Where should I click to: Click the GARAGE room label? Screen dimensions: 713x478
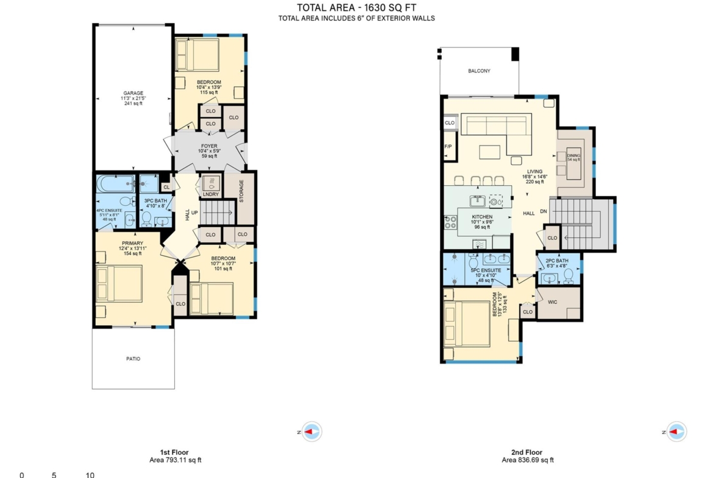click(x=133, y=93)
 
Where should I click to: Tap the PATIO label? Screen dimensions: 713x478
click(x=133, y=359)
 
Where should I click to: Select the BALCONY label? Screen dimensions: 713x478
click(x=479, y=71)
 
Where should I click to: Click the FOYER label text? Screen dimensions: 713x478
click(x=209, y=146)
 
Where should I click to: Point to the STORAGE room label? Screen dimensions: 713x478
click(x=241, y=191)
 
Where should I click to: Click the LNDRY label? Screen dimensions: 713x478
click(x=210, y=194)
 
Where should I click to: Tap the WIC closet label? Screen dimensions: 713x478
click(x=553, y=302)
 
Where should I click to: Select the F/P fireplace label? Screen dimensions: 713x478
click(x=448, y=147)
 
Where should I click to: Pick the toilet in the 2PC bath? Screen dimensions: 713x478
click(x=569, y=276)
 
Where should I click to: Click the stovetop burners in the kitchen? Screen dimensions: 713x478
click(x=450, y=222)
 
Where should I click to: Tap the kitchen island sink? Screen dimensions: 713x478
click(x=477, y=200)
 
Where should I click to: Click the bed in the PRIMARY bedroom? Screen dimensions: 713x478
click(x=119, y=284)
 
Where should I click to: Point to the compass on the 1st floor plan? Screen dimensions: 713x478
click(x=311, y=432)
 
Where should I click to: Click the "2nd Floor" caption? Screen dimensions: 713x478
click(x=527, y=452)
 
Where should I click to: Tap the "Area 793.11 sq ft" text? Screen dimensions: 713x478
click(x=176, y=460)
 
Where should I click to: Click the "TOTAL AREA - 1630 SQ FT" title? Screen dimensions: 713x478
click(x=357, y=8)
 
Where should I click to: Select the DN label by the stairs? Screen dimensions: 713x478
click(x=544, y=212)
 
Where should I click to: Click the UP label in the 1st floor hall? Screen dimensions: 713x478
click(x=194, y=213)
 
